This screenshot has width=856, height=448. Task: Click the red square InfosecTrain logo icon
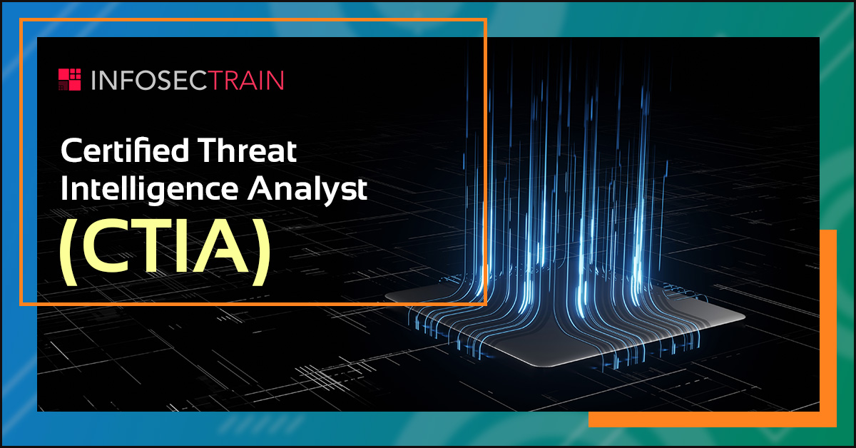point(70,79)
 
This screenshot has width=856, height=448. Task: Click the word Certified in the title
point(125,151)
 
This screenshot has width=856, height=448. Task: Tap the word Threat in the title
point(247,151)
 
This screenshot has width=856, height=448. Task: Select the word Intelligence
point(149,188)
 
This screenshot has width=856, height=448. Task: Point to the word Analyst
point(307,188)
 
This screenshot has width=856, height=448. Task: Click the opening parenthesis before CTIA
point(68,253)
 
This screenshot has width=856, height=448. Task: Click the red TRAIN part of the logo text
point(248,80)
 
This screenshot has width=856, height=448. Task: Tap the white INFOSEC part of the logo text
point(151,80)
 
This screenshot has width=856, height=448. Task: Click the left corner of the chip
point(386,295)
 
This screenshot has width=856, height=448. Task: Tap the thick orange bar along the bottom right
point(713,419)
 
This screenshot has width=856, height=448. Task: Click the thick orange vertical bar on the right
point(828,328)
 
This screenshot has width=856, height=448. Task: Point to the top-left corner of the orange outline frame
point(21,19)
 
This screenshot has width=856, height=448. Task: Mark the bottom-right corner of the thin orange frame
point(486,305)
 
